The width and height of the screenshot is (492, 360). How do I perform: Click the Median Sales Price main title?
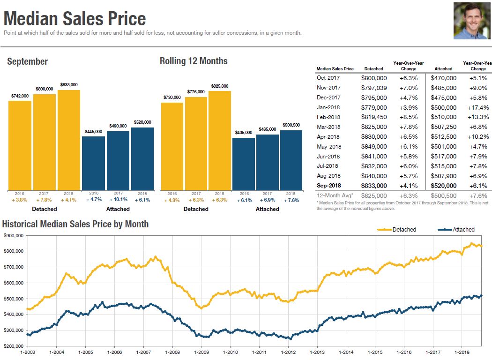[x=75, y=19]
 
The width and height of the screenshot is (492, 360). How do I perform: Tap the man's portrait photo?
[x=471, y=21]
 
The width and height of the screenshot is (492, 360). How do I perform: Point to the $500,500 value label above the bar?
[x=291, y=125]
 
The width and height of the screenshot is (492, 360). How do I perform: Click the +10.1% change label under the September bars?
[x=118, y=200]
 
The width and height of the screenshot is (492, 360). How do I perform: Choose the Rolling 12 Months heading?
[x=194, y=61]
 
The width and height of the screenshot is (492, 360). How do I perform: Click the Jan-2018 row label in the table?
[x=328, y=107]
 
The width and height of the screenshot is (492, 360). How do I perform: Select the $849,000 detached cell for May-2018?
[x=374, y=146]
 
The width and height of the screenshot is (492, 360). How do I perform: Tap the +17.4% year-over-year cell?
[x=478, y=107]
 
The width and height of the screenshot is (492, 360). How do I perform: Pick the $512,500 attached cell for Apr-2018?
[x=443, y=137]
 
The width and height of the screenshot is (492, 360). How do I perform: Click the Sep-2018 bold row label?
[x=328, y=186]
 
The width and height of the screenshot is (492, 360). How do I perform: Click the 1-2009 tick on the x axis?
[x=201, y=352]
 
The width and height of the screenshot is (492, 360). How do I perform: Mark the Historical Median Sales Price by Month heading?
[x=75, y=224]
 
